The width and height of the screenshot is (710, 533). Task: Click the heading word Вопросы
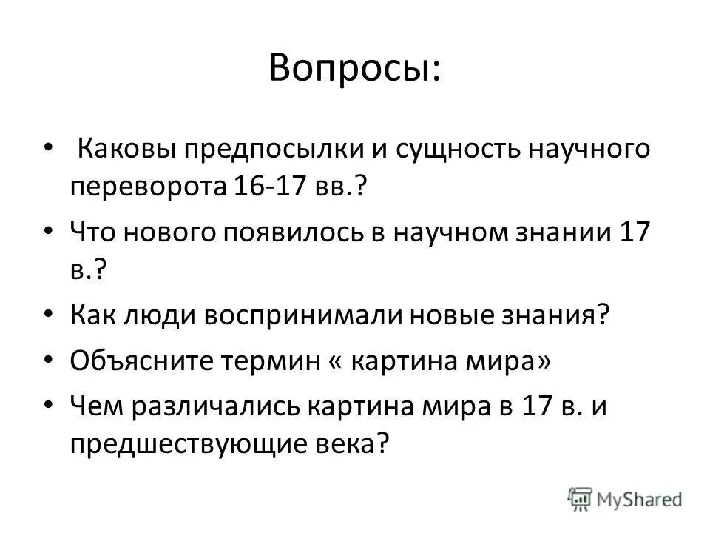click(354, 68)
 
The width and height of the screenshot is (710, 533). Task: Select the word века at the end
click(349, 444)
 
